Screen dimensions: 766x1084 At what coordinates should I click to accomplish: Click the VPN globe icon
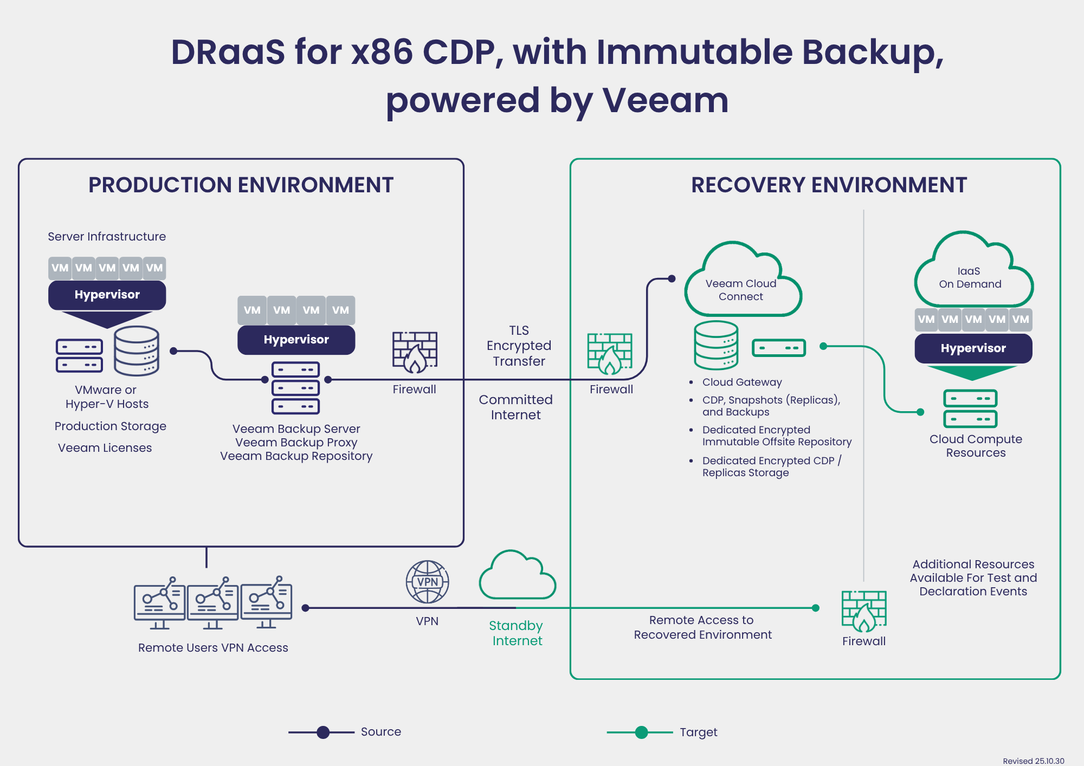pos(427,582)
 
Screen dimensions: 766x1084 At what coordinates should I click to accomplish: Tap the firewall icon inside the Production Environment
pos(415,353)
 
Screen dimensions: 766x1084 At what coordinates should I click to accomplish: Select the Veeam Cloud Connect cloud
pos(741,284)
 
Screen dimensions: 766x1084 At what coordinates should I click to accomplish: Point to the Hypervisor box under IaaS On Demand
pos(973,348)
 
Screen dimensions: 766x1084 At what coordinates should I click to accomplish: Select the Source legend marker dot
pos(323,732)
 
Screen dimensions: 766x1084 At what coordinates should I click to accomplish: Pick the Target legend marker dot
pos(641,732)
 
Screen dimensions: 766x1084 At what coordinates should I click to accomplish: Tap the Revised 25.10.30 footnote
pos(1033,761)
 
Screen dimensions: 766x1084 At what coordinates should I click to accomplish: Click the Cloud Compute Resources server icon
pos(970,408)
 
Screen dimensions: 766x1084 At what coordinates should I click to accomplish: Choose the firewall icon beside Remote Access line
pos(864,612)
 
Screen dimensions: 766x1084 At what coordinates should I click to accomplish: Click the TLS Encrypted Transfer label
pos(519,346)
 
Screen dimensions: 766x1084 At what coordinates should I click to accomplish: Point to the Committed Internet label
pos(515,407)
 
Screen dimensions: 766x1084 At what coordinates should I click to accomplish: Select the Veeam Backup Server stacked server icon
pos(295,388)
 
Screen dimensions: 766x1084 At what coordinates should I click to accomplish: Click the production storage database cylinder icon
pos(137,351)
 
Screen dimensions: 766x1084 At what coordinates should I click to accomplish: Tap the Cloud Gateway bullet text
pos(741,382)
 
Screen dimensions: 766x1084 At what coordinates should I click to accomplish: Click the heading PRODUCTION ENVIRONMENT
pos(241,185)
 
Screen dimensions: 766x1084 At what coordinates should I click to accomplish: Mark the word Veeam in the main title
pos(665,101)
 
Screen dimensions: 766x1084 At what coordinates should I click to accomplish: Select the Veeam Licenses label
pos(105,448)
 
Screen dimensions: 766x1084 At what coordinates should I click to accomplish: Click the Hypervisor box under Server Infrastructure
pos(107,295)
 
